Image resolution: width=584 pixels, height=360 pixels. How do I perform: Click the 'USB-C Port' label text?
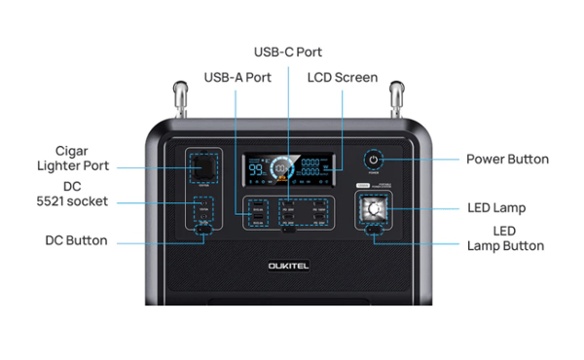click(x=287, y=52)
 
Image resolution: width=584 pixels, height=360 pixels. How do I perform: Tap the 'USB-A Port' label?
click(x=237, y=77)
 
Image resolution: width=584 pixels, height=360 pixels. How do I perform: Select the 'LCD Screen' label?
click(x=342, y=77)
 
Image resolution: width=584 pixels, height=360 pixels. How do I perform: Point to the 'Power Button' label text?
click(x=507, y=159)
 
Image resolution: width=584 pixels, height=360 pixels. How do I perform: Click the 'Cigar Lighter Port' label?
click(x=74, y=158)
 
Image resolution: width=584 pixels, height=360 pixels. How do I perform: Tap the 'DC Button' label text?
click(x=76, y=240)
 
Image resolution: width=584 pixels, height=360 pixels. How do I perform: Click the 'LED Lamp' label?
click(x=496, y=207)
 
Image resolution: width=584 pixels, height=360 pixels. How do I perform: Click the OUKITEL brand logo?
click(x=289, y=264)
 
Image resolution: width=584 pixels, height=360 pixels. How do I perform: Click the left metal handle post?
click(x=180, y=98)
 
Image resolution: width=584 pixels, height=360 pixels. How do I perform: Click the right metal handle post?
click(x=397, y=98)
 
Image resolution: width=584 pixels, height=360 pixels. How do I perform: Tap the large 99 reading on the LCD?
click(x=257, y=170)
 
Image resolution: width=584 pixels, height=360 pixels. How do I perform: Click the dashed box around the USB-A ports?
click(x=258, y=214)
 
